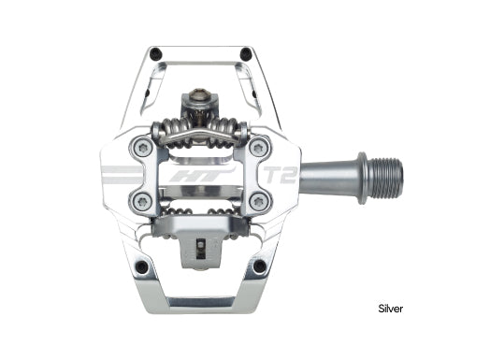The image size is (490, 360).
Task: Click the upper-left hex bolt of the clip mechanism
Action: (x=142, y=147)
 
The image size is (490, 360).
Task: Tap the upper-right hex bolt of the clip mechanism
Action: (x=259, y=147)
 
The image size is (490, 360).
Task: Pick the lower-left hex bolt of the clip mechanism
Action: (x=142, y=201)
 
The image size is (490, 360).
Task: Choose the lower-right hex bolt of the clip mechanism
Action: (x=259, y=201)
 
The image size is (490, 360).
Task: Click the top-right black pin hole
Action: (x=246, y=54)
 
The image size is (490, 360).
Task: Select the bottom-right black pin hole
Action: (x=261, y=267)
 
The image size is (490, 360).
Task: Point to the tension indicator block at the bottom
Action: (x=201, y=248)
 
